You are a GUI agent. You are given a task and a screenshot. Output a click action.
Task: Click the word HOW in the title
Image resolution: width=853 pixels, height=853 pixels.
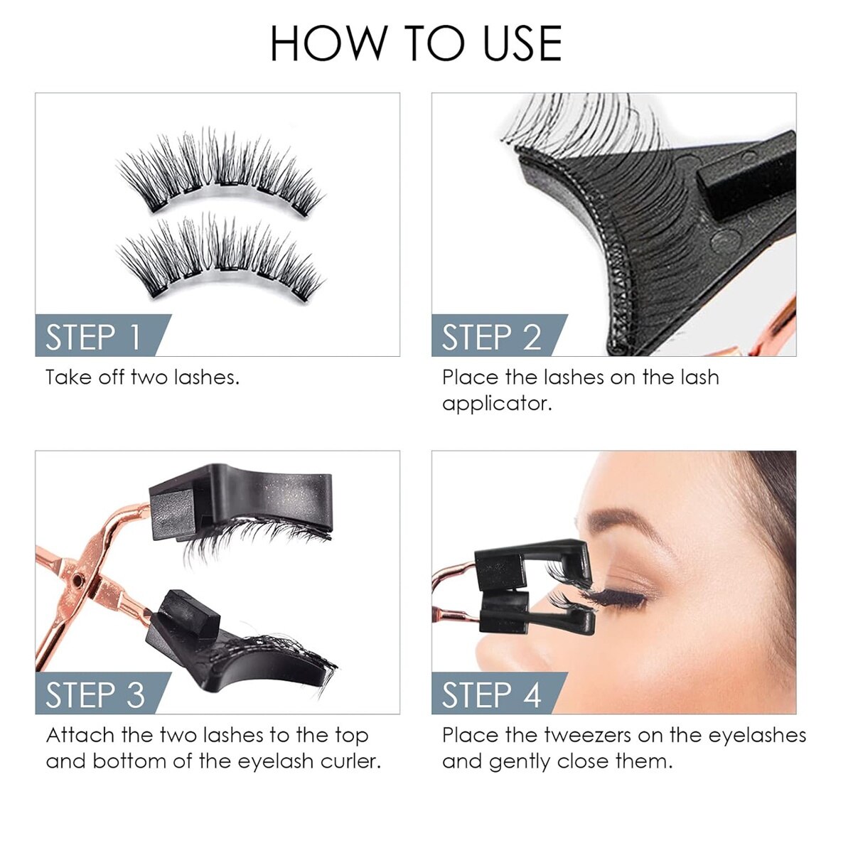(x=328, y=43)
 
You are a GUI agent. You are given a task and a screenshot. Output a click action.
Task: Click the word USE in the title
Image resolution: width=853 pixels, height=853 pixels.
(x=522, y=43)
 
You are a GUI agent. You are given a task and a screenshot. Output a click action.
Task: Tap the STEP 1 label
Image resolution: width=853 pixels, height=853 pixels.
(x=92, y=338)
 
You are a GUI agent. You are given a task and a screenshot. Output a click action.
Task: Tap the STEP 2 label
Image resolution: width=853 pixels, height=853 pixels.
(x=491, y=338)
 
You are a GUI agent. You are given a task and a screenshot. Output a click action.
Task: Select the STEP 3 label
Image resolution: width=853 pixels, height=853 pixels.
(x=95, y=695)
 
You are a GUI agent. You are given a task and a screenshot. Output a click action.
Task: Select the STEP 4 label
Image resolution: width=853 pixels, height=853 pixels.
(x=491, y=695)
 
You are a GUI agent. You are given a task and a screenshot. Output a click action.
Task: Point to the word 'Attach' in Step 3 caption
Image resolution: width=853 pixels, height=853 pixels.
(x=80, y=736)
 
